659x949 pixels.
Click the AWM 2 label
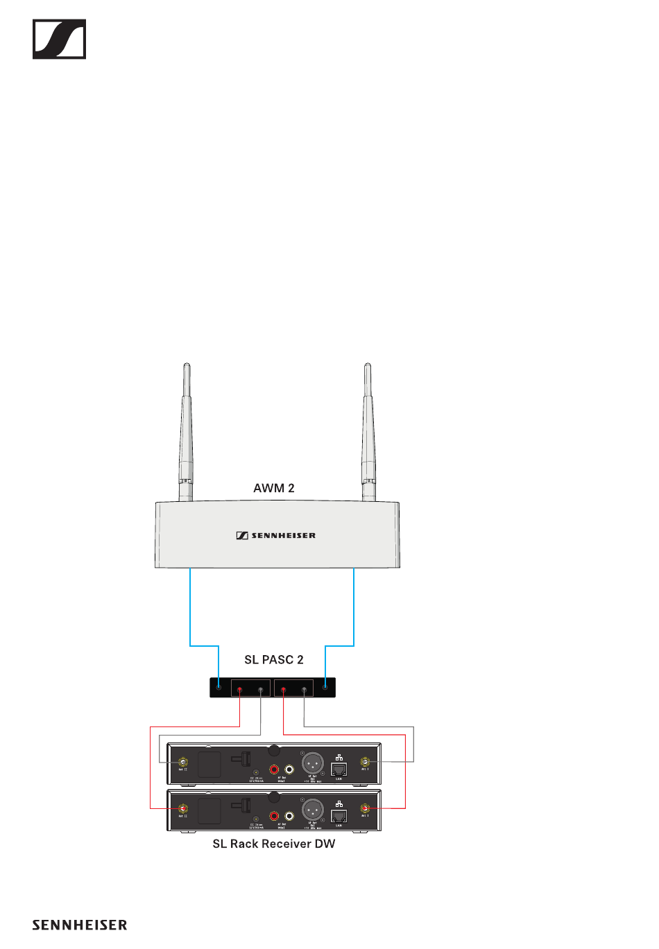274,488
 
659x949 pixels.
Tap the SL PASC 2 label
274,659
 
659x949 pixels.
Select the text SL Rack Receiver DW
274,844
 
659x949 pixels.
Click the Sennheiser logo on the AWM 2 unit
276,535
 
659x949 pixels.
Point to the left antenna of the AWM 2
185,430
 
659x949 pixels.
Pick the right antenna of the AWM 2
368,430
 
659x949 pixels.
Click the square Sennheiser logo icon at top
60,39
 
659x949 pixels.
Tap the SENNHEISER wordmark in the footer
80,925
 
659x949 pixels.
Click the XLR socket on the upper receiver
313,763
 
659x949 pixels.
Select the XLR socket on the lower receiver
313,810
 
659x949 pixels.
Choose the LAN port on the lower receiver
339,816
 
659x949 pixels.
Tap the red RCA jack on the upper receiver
275,769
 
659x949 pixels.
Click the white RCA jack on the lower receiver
289,816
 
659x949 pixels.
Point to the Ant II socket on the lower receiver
183,808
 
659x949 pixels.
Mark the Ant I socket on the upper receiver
365,762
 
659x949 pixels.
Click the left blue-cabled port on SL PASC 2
219,687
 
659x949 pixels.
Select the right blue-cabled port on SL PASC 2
325,687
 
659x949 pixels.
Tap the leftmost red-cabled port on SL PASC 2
240,690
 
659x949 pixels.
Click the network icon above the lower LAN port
339,803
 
